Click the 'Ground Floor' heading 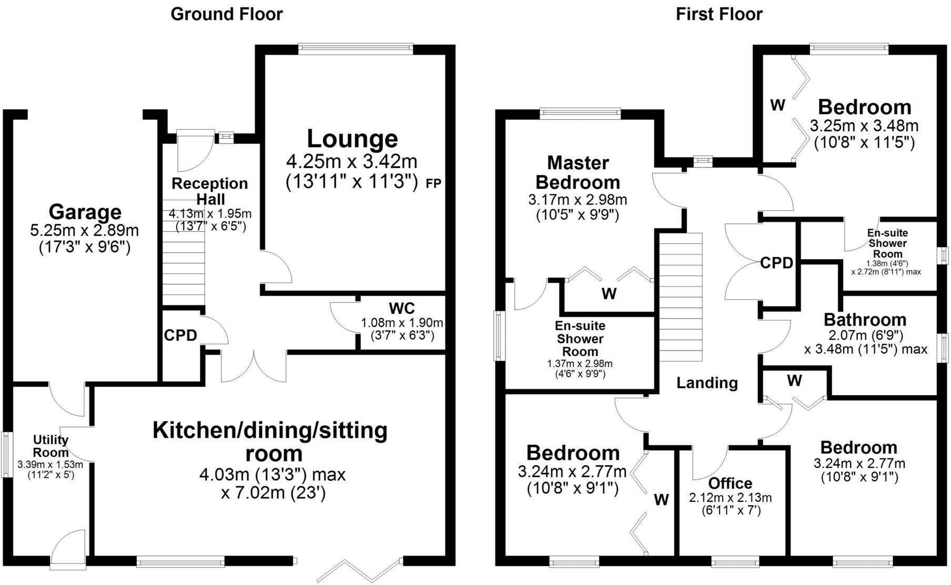click(x=226, y=14)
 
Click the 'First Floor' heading click(x=719, y=14)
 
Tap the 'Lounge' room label click(x=352, y=139)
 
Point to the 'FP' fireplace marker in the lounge click(x=433, y=183)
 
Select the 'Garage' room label click(x=85, y=212)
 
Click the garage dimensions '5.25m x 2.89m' click(x=85, y=230)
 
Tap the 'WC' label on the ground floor click(x=401, y=308)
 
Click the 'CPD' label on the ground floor click(x=180, y=335)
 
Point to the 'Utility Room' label click(x=50, y=446)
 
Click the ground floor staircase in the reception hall click(x=183, y=252)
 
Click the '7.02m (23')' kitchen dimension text click(x=273, y=493)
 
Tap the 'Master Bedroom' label click(x=578, y=172)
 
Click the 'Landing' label click(x=707, y=383)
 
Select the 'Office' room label click(x=730, y=483)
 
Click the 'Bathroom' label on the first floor click(x=865, y=320)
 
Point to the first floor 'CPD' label click(x=776, y=263)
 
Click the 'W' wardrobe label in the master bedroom click(x=609, y=293)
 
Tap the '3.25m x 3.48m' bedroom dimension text click(x=864, y=126)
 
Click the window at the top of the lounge click(x=356, y=48)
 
